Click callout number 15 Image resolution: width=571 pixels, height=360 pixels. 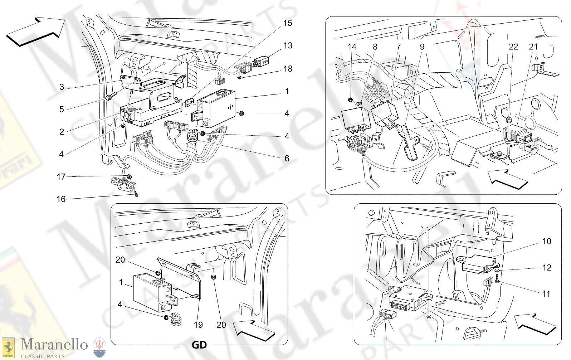(287, 23)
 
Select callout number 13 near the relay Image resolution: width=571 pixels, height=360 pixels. (288, 46)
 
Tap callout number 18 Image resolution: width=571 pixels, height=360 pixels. (288, 69)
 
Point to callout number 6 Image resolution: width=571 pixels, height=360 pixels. (287, 158)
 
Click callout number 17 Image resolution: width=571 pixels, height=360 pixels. (61, 177)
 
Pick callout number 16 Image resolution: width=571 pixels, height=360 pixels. (61, 199)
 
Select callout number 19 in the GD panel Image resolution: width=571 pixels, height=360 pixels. (198, 325)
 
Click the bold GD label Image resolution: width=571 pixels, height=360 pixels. (199, 345)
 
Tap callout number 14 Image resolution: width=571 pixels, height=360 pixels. (352, 47)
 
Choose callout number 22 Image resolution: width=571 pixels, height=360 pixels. (513, 47)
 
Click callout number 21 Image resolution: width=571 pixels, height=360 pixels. (533, 47)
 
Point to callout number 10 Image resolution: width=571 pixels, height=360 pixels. (546, 242)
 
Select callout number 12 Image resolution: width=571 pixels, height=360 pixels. (546, 268)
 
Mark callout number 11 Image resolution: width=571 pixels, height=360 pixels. (546, 294)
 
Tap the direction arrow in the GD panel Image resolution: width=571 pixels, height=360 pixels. (254, 330)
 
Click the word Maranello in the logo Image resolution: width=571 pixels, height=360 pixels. (54, 344)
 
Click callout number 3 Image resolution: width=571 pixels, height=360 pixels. (62, 87)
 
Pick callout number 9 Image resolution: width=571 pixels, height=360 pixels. (422, 47)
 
